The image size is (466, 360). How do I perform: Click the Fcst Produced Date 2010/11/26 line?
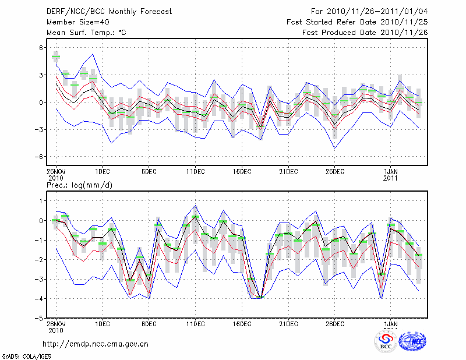(x=365, y=33)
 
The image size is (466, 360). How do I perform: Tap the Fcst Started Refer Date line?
(x=357, y=22)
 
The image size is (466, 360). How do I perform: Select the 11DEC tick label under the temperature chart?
(x=195, y=171)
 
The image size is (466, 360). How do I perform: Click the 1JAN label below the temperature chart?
(x=391, y=171)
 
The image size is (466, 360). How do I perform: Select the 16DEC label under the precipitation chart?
(x=242, y=324)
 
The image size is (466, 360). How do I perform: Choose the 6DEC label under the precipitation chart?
(x=149, y=324)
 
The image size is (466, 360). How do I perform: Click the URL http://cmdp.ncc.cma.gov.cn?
(x=96, y=344)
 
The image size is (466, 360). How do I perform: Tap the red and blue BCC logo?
(x=386, y=340)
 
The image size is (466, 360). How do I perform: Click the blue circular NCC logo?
(x=412, y=341)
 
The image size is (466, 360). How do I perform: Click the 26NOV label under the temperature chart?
(x=56, y=171)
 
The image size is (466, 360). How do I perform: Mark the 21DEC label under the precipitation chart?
(x=288, y=324)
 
